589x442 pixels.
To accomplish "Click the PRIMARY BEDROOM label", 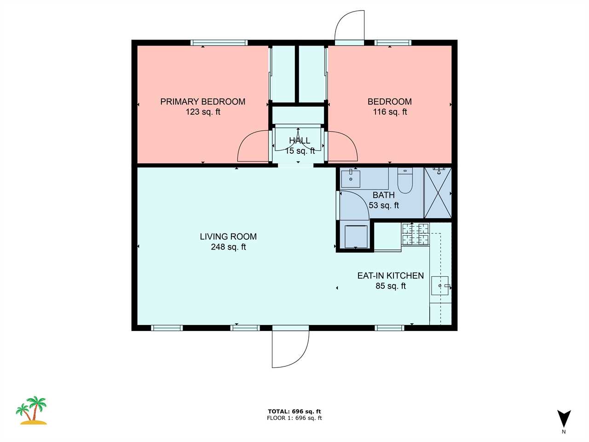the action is pyautogui.click(x=202, y=102).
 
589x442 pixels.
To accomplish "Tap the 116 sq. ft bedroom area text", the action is pyautogui.click(x=390, y=111).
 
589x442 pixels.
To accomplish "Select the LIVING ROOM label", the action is pyautogui.click(x=228, y=237).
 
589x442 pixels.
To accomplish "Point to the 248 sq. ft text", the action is pyautogui.click(x=228, y=247).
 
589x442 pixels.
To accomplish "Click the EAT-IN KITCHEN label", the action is pyautogui.click(x=390, y=276).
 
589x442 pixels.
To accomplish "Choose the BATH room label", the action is pyautogui.click(x=383, y=195).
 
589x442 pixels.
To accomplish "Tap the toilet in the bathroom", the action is pyautogui.click(x=404, y=180).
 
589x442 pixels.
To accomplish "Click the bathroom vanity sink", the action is pyautogui.click(x=351, y=178).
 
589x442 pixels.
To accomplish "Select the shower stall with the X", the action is pyautogui.click(x=438, y=193).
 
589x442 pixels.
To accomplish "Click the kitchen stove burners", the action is pyautogui.click(x=416, y=234).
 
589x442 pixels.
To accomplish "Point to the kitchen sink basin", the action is pyautogui.click(x=440, y=285).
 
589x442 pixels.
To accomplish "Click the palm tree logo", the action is pyautogui.click(x=32, y=410).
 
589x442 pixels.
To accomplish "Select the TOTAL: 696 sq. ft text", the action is pyautogui.click(x=294, y=412).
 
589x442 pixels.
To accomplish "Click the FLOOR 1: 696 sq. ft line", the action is pyautogui.click(x=294, y=418).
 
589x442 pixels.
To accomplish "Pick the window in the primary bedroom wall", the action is pyautogui.click(x=219, y=43).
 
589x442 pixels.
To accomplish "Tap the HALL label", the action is pyautogui.click(x=300, y=140).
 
